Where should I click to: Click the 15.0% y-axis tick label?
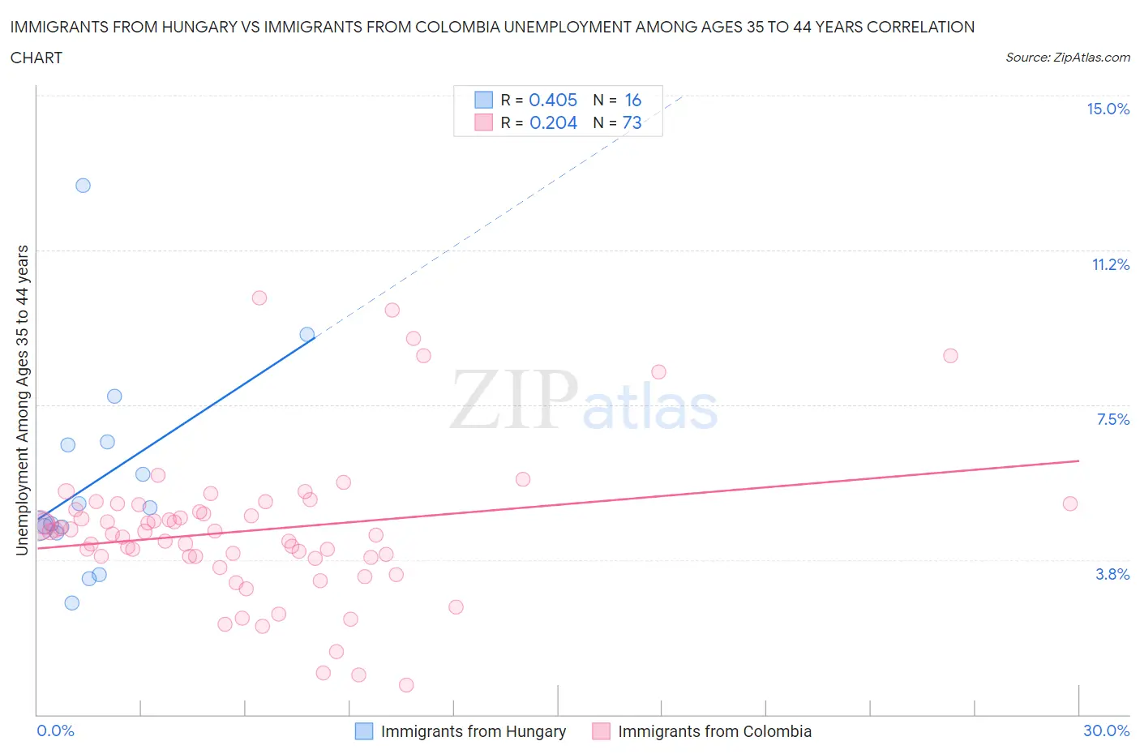pos(1108,109)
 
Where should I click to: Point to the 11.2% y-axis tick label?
pos(1110,264)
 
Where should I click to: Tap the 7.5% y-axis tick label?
pos(1112,419)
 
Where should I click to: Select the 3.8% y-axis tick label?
pos(1112,574)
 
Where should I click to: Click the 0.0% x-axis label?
pos(55,730)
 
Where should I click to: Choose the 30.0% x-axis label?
pos(1106,730)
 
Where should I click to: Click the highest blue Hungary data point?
pos(83,185)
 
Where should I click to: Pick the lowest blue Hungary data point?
pos(72,602)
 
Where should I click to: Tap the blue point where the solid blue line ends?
pos(306,334)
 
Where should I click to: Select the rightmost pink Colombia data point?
pos(1069,503)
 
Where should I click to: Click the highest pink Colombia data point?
pos(259,298)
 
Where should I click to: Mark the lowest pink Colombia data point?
pos(406,685)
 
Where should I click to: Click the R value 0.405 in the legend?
pos(553,100)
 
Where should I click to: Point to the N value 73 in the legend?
pos(632,122)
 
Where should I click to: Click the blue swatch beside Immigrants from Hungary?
pos(364,731)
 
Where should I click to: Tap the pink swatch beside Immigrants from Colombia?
pos(601,731)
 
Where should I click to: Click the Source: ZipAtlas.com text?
pos(1067,57)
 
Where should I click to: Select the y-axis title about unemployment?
pos(22,401)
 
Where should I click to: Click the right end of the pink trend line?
pos(1078,461)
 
